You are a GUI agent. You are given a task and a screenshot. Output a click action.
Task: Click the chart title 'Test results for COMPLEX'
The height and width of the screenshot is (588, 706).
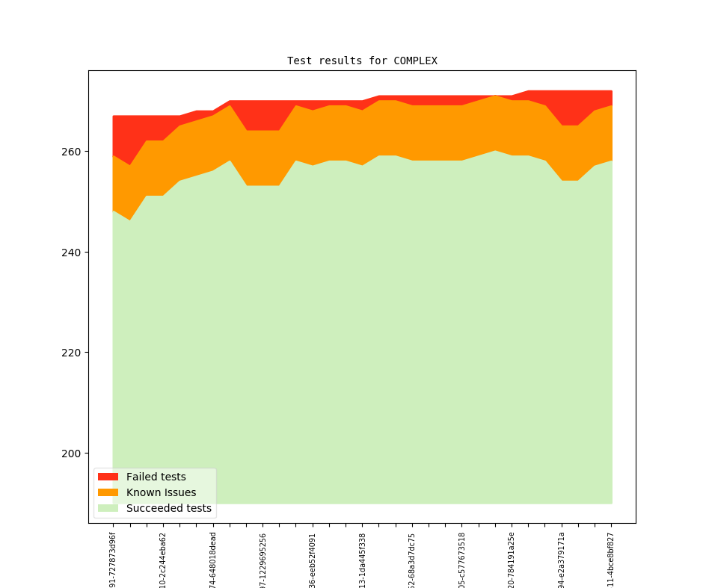(x=362, y=61)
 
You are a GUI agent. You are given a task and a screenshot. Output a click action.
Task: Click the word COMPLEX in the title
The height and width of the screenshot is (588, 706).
(x=415, y=61)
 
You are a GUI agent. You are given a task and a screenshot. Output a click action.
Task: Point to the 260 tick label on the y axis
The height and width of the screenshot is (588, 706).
(x=70, y=152)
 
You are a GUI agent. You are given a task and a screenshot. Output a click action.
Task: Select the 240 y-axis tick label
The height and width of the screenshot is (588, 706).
(x=70, y=253)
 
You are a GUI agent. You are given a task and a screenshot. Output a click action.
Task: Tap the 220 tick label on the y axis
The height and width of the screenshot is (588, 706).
(x=70, y=353)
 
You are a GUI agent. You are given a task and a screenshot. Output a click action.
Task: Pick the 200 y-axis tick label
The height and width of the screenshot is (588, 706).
(x=70, y=454)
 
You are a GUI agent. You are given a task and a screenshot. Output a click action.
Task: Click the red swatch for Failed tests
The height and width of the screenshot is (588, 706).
(x=108, y=477)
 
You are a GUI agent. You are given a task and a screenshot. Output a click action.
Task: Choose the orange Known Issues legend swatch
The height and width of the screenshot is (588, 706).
(x=108, y=492)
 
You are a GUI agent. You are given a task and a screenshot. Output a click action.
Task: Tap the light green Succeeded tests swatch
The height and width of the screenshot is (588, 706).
(x=108, y=508)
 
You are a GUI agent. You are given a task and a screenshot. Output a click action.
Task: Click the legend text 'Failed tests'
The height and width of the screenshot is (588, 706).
(x=156, y=477)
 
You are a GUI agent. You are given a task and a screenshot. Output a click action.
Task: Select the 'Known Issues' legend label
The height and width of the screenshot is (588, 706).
(x=161, y=492)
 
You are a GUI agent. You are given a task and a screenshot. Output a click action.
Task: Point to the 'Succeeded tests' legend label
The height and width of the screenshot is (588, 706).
(x=168, y=508)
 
